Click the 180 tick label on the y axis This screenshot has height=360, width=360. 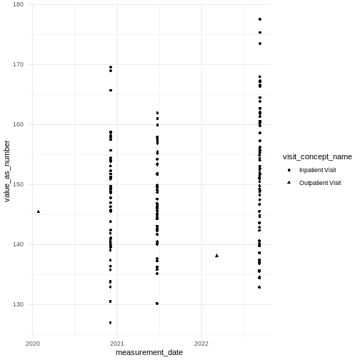[x=18, y=5]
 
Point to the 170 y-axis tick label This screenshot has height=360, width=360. [x=18, y=64]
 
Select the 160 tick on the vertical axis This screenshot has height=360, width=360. [x=18, y=124]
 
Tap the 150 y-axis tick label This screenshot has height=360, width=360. [x=18, y=184]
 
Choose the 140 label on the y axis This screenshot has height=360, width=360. [x=18, y=244]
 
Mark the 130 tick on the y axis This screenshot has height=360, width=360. [x=18, y=304]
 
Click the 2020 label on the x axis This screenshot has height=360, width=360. [x=33, y=343]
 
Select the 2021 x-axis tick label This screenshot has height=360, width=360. [x=117, y=343]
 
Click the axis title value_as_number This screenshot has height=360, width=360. [x=6, y=171]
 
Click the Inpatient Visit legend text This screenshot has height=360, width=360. [x=316, y=170]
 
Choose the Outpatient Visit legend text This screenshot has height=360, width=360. [x=319, y=183]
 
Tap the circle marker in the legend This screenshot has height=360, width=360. [x=289, y=170]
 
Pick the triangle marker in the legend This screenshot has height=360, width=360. [x=289, y=183]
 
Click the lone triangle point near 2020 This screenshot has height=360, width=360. [x=38, y=211]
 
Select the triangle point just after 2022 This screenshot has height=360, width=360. [x=216, y=255]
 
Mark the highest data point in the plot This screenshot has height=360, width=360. [x=260, y=19]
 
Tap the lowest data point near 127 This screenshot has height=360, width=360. [x=110, y=323]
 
